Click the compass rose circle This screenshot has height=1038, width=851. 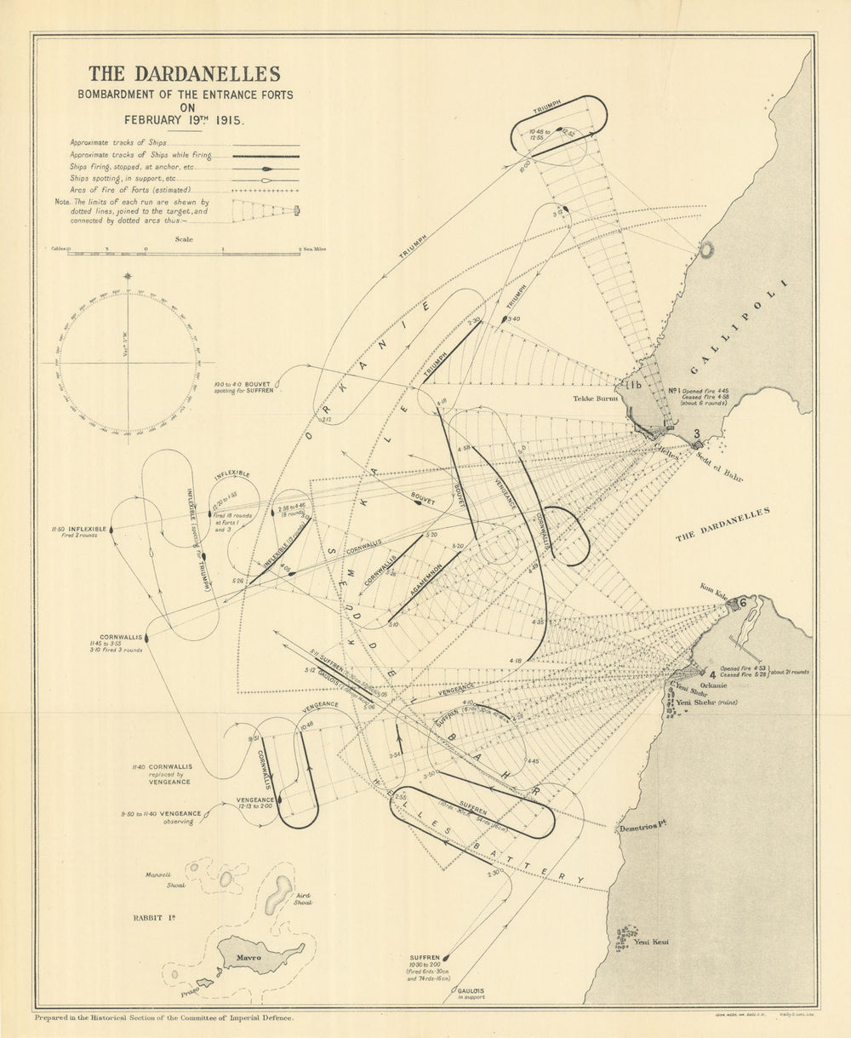coord(128,362)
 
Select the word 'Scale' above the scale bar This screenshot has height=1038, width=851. coord(184,239)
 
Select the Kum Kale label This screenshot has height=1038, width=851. coord(711,588)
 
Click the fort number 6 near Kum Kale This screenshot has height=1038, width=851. coord(741,602)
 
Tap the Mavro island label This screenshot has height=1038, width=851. coord(248,959)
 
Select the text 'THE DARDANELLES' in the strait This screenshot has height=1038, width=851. coord(722,523)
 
